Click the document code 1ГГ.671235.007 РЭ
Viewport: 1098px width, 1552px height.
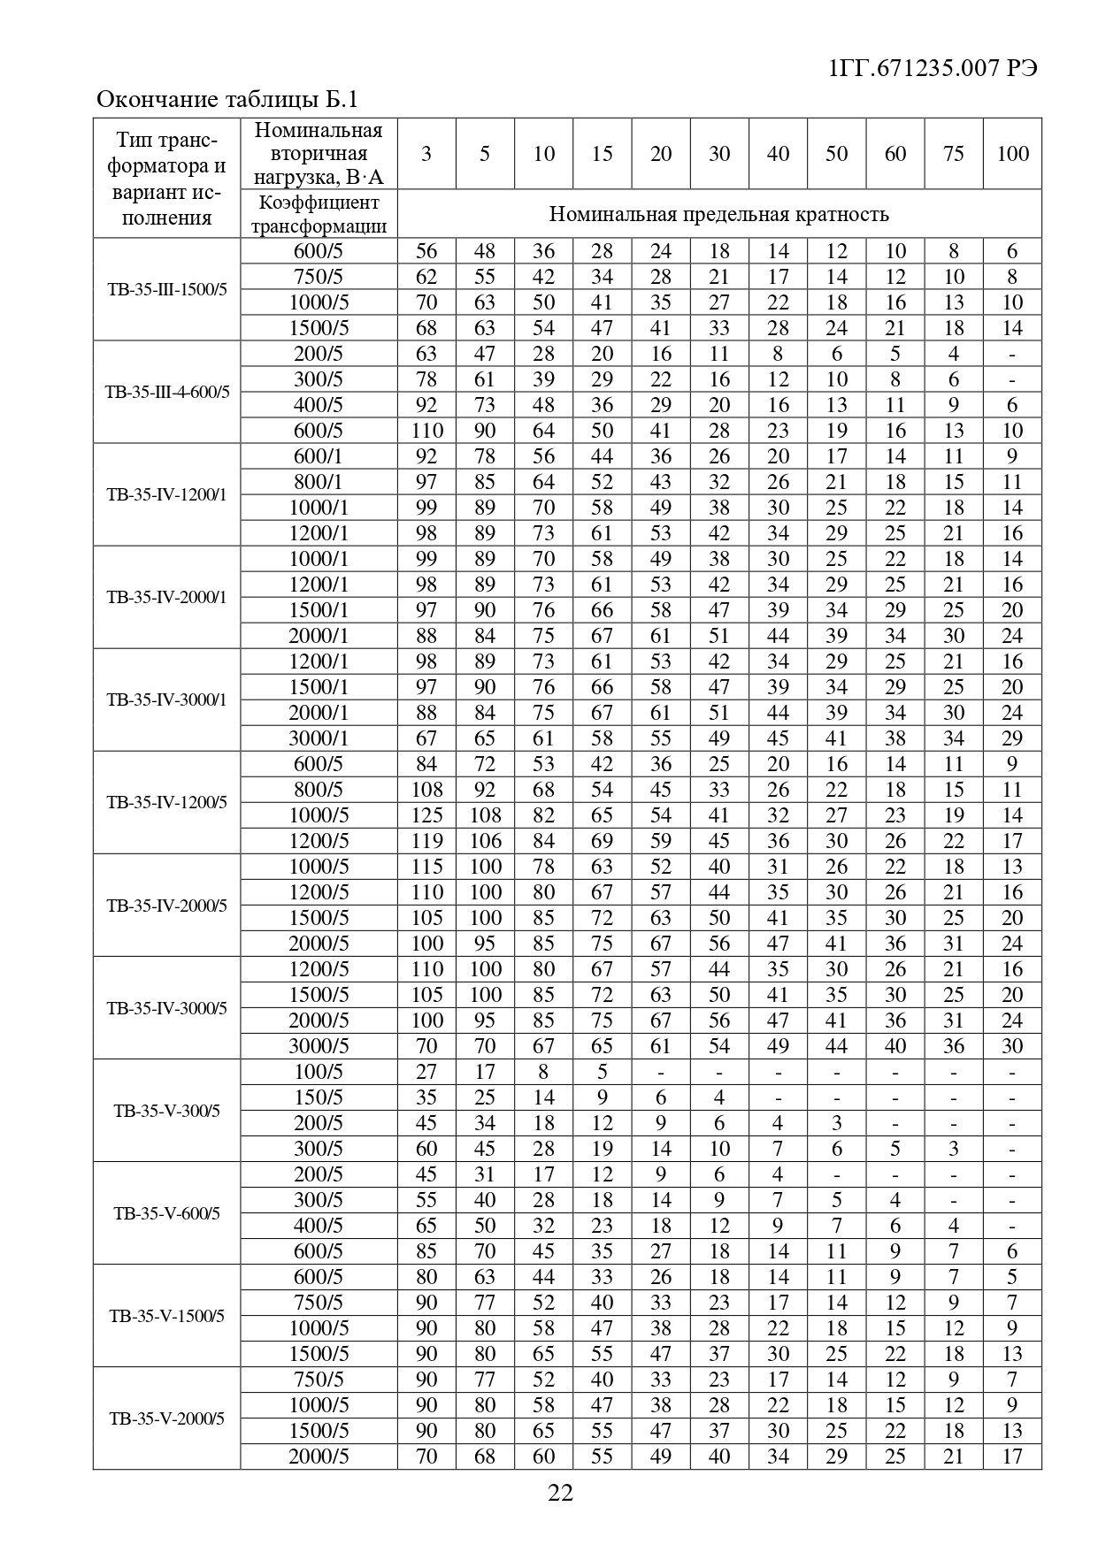[x=933, y=68]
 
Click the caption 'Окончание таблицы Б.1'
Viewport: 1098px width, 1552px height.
[x=227, y=99]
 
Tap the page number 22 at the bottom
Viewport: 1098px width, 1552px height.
[x=561, y=1493]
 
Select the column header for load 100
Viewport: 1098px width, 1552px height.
[x=1012, y=154]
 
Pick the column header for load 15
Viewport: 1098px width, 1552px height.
[x=602, y=154]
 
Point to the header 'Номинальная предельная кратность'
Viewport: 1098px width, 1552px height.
[x=718, y=214]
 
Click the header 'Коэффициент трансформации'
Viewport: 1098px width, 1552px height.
[x=319, y=214]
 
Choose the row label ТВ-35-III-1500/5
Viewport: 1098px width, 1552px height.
[x=166, y=289]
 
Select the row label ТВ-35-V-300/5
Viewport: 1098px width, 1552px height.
[x=166, y=1111]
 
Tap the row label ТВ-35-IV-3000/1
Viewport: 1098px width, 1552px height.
[x=166, y=700]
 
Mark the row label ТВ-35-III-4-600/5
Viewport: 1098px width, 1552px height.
[x=166, y=392]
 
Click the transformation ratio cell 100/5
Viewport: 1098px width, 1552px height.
[x=319, y=1072]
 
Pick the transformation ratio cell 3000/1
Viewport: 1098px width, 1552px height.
[x=319, y=738]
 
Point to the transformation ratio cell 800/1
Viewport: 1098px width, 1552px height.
[x=319, y=482]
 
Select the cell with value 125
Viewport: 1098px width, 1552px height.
[x=426, y=815]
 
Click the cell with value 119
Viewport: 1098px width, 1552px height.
[x=426, y=841]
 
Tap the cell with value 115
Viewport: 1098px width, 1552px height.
[x=426, y=867]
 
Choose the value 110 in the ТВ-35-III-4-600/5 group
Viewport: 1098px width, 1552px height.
[x=426, y=431]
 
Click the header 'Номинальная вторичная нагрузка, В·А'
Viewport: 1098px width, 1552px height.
[x=319, y=154]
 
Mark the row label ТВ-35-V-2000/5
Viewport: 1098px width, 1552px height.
[x=166, y=1418]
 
